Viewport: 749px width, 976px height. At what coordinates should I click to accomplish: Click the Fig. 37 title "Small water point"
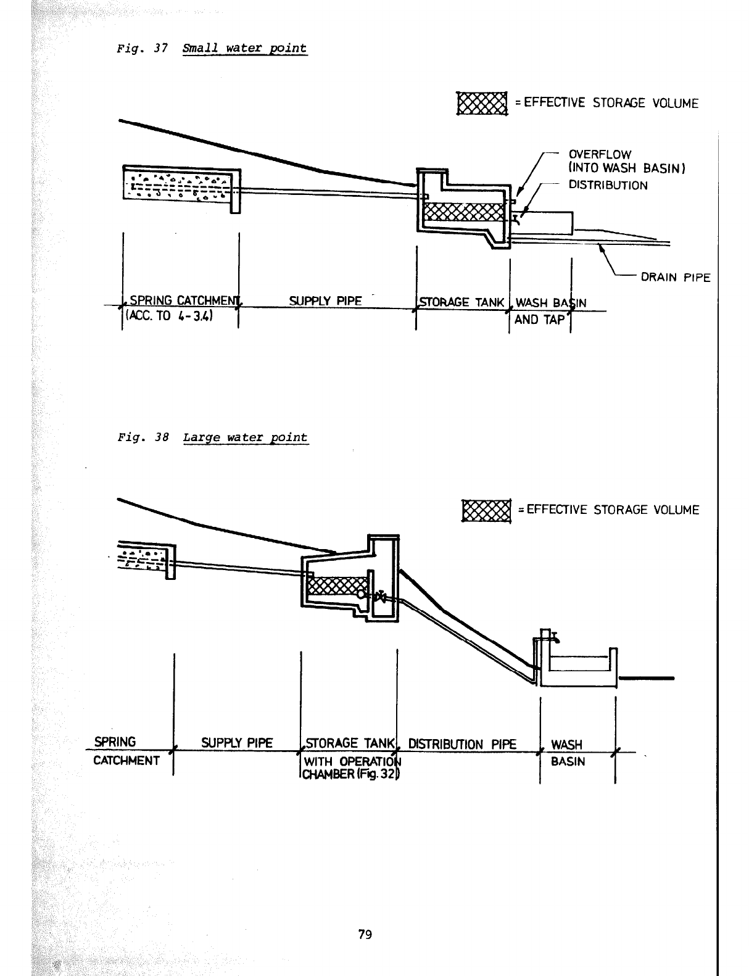point(244,48)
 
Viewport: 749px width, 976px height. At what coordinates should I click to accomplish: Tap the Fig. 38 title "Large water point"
point(245,437)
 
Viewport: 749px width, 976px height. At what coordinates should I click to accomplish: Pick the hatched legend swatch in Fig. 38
point(486,510)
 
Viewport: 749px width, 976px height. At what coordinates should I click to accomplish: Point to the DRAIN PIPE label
point(676,278)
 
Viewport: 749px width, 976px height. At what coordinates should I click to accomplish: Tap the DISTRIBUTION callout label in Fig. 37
point(608,185)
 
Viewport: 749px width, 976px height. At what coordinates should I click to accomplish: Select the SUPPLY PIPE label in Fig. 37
point(325,301)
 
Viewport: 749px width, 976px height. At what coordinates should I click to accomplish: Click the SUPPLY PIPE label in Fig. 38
point(237,743)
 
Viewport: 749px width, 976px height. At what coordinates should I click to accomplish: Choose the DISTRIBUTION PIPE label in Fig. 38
point(462,743)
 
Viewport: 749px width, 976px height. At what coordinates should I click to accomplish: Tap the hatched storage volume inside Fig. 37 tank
point(463,212)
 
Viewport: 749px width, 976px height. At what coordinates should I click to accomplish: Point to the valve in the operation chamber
point(381,597)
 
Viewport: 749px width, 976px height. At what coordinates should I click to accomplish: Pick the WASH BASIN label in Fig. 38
point(567,753)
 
